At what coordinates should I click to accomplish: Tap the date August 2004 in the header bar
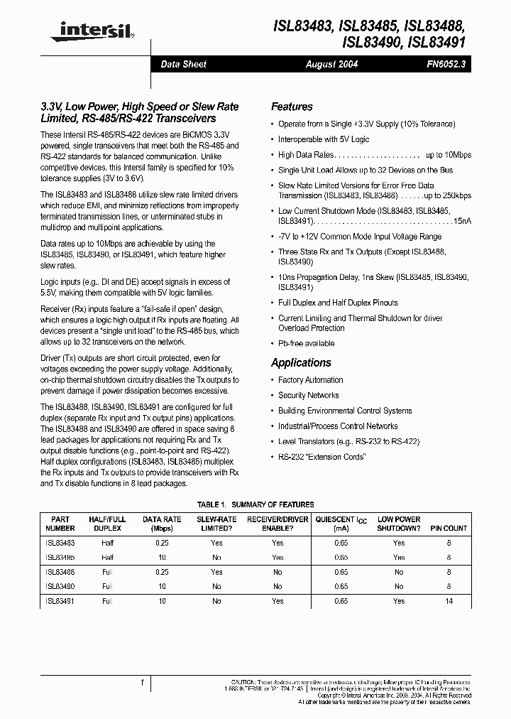(331, 64)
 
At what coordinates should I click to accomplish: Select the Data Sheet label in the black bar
(183, 64)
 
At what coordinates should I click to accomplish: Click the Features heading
(292, 107)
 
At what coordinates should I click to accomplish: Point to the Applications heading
(301, 363)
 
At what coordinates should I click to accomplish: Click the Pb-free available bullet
(306, 344)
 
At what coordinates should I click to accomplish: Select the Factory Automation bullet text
(310, 380)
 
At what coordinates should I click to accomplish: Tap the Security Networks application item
(308, 396)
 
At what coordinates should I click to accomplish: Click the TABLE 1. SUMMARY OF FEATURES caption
(255, 505)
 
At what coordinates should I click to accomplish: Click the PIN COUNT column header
(449, 529)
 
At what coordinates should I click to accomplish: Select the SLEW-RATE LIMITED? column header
(216, 524)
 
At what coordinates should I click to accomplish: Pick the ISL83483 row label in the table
(60, 543)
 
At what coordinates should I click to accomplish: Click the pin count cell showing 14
(449, 601)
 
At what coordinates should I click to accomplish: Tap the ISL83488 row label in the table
(60, 572)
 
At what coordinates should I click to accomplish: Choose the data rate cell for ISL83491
(162, 601)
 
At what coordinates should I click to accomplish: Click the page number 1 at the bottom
(143, 683)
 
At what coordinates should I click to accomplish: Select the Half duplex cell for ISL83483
(107, 543)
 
